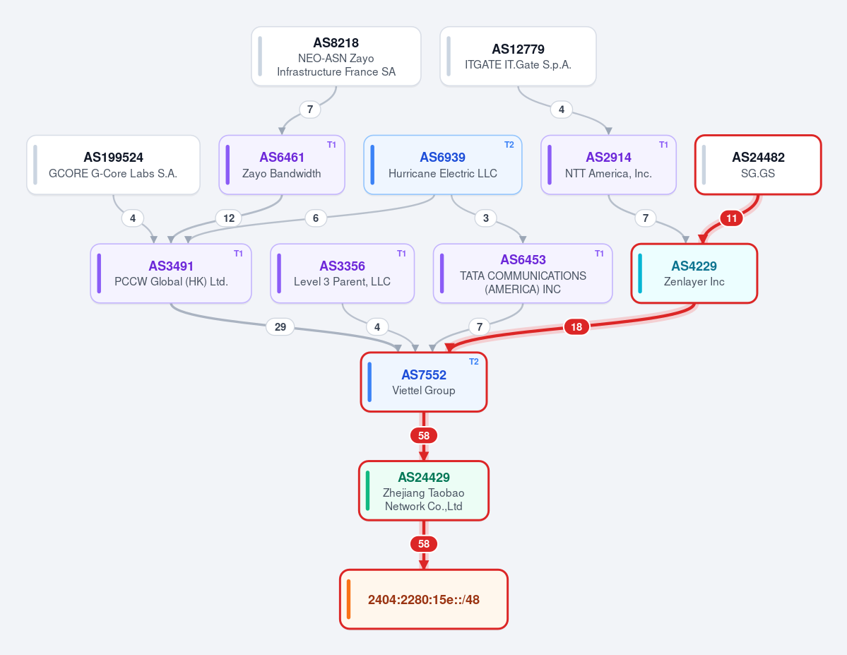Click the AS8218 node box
(336, 57)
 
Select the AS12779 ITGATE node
(518, 57)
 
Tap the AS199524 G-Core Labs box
(114, 165)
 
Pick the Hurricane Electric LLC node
(443, 165)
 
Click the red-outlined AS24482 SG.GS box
(758, 165)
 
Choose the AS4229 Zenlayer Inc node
(694, 273)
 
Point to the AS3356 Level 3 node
(343, 273)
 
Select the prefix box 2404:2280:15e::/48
(424, 599)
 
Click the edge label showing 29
(280, 327)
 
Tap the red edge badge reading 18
(576, 327)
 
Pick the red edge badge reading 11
(731, 218)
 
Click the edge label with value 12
(229, 218)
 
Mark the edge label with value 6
(316, 218)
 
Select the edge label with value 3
(485, 218)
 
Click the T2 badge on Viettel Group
(474, 362)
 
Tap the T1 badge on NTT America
(663, 145)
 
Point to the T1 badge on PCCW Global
(238, 254)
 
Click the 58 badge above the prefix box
(424, 543)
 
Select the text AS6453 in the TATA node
(523, 260)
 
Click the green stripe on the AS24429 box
(368, 490)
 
